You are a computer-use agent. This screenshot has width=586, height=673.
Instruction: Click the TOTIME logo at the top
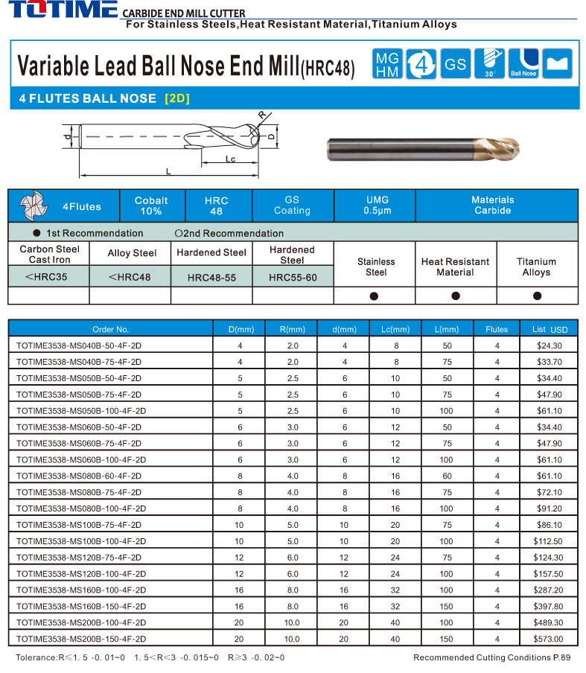(60, 10)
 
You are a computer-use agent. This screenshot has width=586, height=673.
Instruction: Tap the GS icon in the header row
(455, 64)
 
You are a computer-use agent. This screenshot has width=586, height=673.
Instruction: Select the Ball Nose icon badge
(523, 64)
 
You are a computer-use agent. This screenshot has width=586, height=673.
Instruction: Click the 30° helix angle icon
(489, 64)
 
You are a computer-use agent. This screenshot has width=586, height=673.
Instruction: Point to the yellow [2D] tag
(177, 98)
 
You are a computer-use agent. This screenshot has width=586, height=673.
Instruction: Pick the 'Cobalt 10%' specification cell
(151, 205)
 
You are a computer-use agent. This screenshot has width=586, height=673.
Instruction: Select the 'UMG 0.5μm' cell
(378, 205)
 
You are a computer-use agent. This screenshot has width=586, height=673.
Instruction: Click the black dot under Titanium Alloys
(537, 296)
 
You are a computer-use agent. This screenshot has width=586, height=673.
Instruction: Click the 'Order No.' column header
(111, 329)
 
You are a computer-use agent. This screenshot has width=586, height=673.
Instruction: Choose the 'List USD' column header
(550, 329)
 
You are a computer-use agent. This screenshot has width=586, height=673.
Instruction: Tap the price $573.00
(550, 639)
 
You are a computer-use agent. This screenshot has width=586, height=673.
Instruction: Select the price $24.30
(550, 345)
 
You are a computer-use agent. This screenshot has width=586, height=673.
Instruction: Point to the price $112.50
(550, 540)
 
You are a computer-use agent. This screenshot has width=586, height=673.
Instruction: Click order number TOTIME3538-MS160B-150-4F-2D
(80, 606)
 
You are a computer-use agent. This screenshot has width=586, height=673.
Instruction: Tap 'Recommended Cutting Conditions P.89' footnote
(491, 657)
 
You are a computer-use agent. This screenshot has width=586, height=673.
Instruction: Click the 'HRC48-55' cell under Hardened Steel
(211, 277)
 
